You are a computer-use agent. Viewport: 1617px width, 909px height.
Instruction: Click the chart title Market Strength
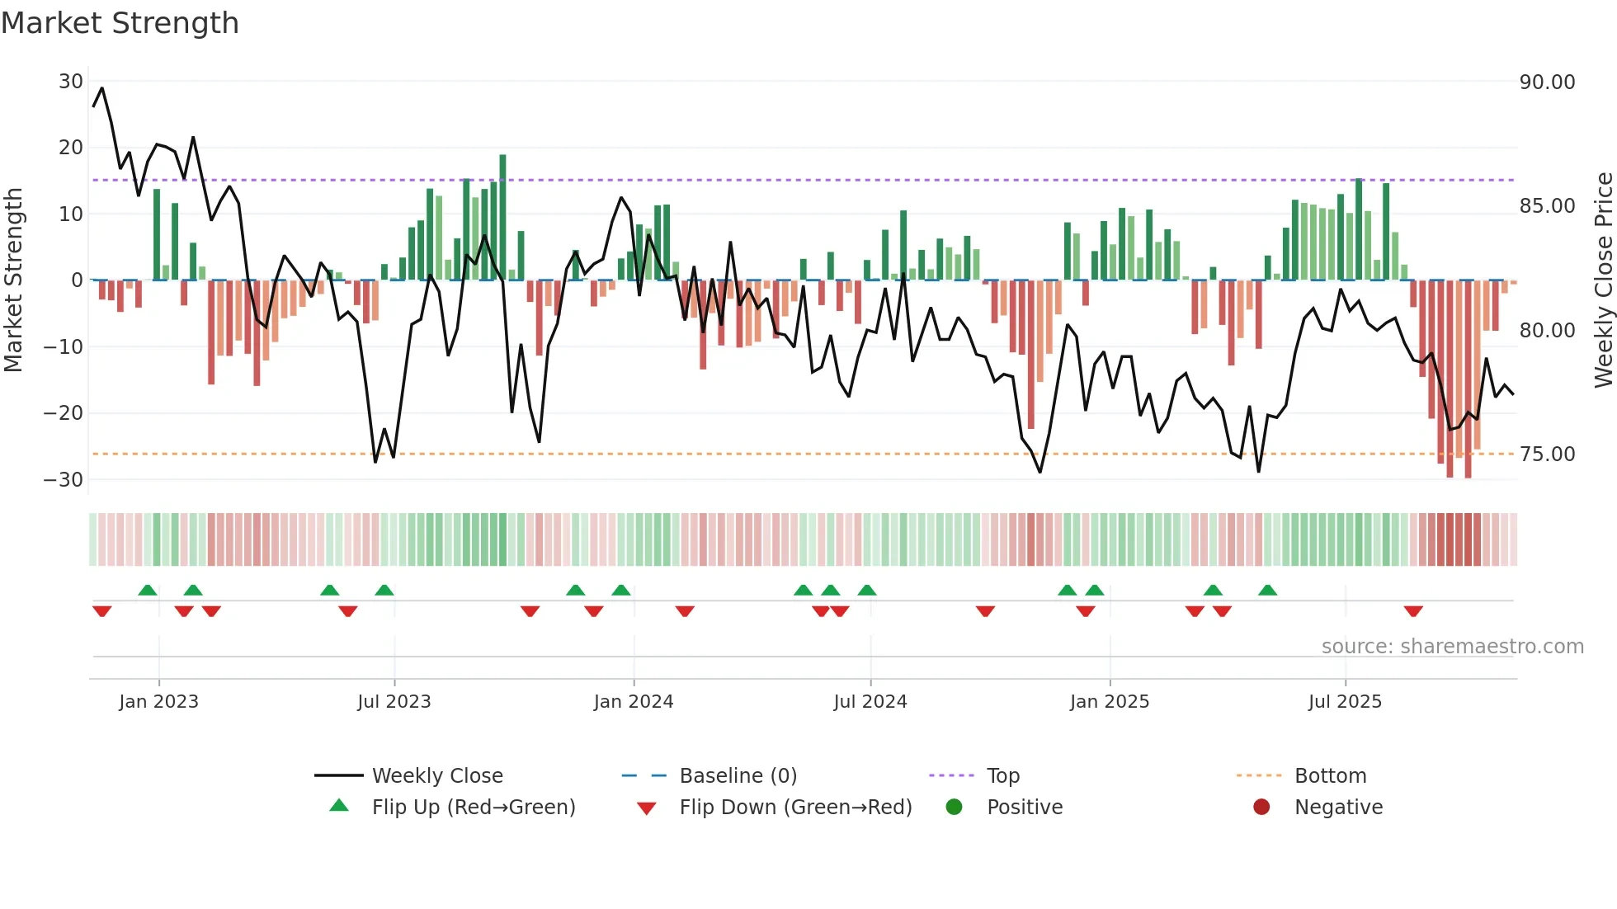click(x=120, y=23)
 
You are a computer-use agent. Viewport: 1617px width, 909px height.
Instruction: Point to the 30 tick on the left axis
click(x=71, y=82)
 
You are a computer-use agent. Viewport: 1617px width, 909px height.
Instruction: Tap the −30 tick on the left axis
click(x=64, y=479)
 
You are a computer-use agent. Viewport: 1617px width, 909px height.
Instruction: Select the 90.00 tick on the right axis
click(x=1547, y=82)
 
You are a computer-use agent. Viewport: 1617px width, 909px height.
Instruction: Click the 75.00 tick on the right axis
click(x=1547, y=454)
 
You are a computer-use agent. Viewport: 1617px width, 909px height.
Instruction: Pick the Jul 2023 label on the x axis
click(x=394, y=702)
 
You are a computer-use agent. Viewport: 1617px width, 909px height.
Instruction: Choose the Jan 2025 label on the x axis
click(x=1109, y=702)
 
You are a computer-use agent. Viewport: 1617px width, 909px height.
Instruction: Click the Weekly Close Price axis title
click(x=1603, y=280)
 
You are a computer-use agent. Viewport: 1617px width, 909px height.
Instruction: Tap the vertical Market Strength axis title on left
click(x=14, y=280)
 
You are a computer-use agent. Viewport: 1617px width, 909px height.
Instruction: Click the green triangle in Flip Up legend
click(x=339, y=806)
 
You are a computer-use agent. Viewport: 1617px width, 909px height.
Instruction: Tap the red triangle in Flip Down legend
click(x=647, y=808)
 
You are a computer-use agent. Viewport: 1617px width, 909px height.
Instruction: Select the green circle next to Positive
click(x=954, y=807)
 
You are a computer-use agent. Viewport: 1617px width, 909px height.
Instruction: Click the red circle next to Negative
click(x=1261, y=807)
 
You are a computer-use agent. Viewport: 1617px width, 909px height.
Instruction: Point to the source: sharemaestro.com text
click(x=1452, y=647)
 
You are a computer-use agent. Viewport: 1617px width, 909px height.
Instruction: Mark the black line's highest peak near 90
click(x=102, y=88)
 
